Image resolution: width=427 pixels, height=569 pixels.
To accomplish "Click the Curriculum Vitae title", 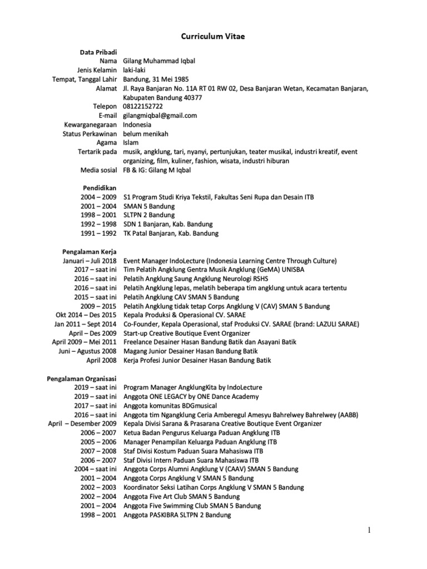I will click(x=213, y=37).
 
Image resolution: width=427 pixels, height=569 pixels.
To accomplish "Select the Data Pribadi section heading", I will click(x=98, y=52).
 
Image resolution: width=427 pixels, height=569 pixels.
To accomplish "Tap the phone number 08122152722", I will click(x=143, y=106).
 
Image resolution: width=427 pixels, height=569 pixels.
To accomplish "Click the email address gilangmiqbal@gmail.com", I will click(x=160, y=116).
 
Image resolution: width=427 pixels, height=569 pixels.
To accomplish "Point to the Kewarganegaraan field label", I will click(x=91, y=124).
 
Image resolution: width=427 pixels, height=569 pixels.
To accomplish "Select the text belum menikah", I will click(x=146, y=134).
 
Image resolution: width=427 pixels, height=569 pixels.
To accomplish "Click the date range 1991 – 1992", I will click(x=98, y=233).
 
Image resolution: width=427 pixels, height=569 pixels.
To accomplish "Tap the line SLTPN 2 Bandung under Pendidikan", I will click(x=148, y=215).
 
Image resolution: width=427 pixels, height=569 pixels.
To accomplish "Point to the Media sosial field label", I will click(x=98, y=170).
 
